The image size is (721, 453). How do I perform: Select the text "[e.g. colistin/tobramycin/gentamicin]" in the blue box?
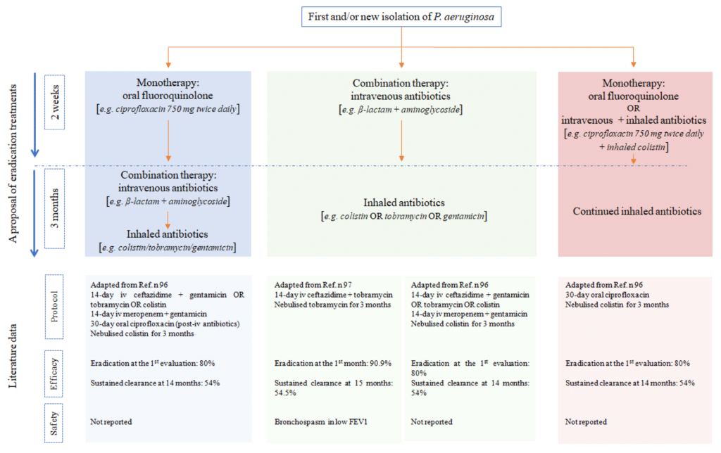click(167, 247)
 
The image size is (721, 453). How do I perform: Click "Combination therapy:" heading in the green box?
click(401, 82)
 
